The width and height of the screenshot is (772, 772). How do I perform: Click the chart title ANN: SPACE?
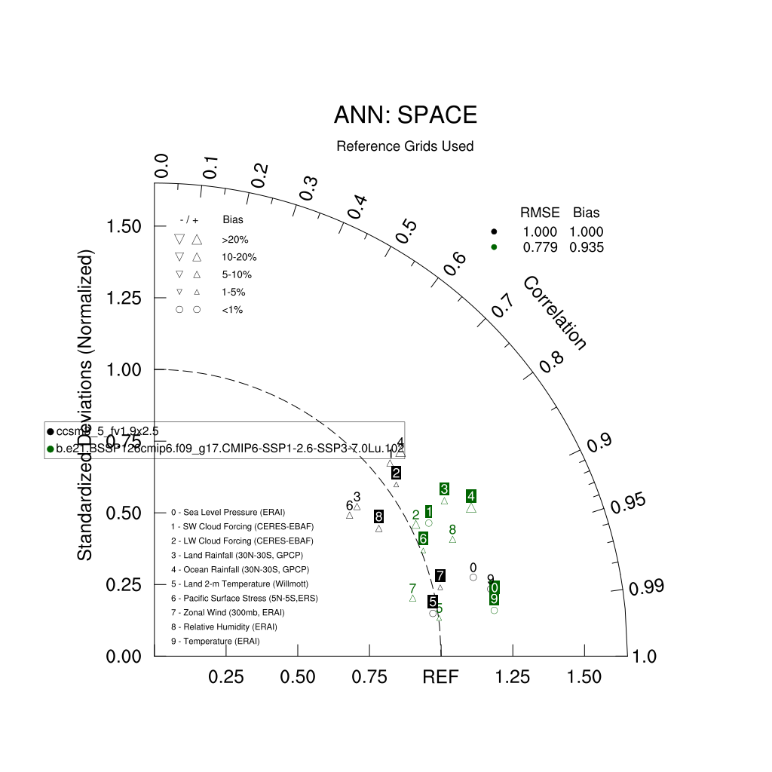(405, 115)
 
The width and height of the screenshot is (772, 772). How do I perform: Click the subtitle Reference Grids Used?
(405, 146)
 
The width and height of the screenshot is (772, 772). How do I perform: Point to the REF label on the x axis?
(440, 677)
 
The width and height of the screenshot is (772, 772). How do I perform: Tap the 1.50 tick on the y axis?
(127, 226)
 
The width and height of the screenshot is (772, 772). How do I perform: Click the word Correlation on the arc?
(554, 313)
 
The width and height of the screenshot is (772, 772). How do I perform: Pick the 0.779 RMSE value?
(540, 247)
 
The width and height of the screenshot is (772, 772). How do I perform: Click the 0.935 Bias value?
(587, 247)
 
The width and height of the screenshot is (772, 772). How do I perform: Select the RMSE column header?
(540, 213)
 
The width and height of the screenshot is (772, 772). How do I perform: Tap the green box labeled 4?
(470, 496)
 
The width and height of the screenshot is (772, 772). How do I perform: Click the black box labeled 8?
(378, 516)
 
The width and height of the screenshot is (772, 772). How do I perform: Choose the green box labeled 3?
(445, 489)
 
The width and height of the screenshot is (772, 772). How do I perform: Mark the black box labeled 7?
(440, 576)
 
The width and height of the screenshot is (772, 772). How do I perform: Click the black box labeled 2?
(396, 473)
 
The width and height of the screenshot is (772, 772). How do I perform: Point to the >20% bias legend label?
(234, 240)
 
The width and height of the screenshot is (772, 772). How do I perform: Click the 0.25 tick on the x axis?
(226, 677)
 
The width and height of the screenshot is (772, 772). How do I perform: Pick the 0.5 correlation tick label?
(406, 231)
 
